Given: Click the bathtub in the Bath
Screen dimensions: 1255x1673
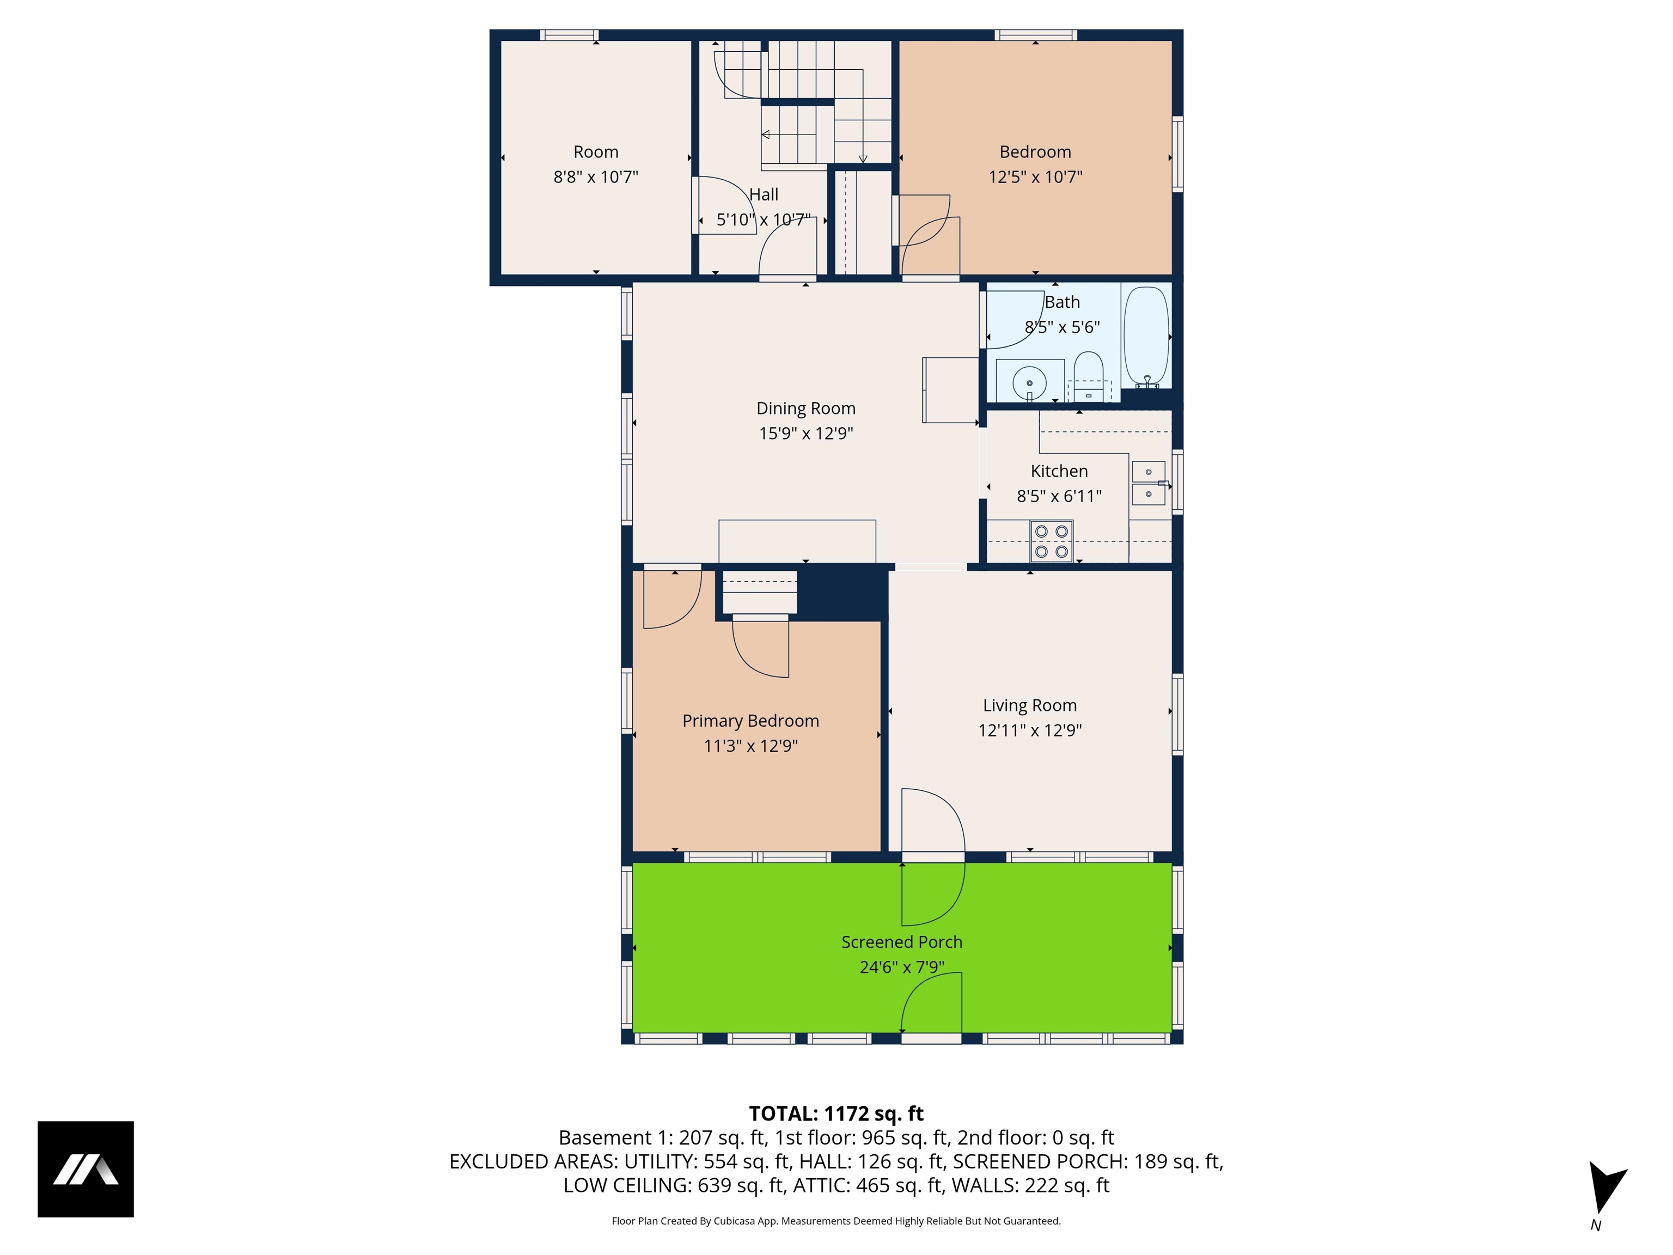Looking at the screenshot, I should (x=1146, y=337).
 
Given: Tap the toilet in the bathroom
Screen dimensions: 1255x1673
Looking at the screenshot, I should (x=1088, y=373).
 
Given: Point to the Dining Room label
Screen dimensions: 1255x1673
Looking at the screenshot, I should (x=805, y=409).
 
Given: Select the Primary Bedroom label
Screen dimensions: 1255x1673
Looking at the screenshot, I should (x=750, y=721).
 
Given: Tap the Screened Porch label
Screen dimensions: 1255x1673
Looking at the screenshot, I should (x=901, y=942).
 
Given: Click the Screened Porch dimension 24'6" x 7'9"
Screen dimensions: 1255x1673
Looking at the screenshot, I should (x=901, y=967).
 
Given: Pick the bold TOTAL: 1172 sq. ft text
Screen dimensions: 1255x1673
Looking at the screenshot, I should (x=836, y=1113).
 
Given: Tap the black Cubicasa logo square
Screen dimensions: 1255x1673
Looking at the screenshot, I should (x=86, y=1169).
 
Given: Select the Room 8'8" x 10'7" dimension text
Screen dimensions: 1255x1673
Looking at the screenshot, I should (x=596, y=177).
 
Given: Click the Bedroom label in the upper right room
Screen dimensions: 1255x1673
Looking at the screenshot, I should (x=1035, y=152).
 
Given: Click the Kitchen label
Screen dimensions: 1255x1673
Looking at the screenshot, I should (x=1059, y=471).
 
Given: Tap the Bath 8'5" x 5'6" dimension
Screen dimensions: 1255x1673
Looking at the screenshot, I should (x=1062, y=327).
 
